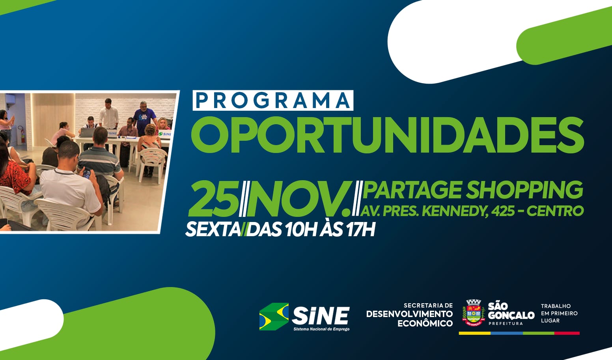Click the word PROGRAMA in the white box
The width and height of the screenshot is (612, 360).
pos(272,101)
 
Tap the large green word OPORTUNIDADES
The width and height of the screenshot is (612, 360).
pos(387,135)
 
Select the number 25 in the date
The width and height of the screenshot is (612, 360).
pos(213,199)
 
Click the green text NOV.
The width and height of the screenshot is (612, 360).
pos(300,199)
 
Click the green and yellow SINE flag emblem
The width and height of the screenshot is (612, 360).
pos(274,317)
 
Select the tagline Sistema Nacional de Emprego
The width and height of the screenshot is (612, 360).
pos(321,329)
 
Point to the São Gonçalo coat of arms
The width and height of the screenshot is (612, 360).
pos(473,312)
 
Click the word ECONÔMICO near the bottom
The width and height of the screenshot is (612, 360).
pos(425,323)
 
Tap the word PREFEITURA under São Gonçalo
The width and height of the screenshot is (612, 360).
pos(506,324)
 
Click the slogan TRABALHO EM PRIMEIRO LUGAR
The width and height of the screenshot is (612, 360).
pos(559,313)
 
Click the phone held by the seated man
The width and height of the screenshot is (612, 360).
pos(87,173)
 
